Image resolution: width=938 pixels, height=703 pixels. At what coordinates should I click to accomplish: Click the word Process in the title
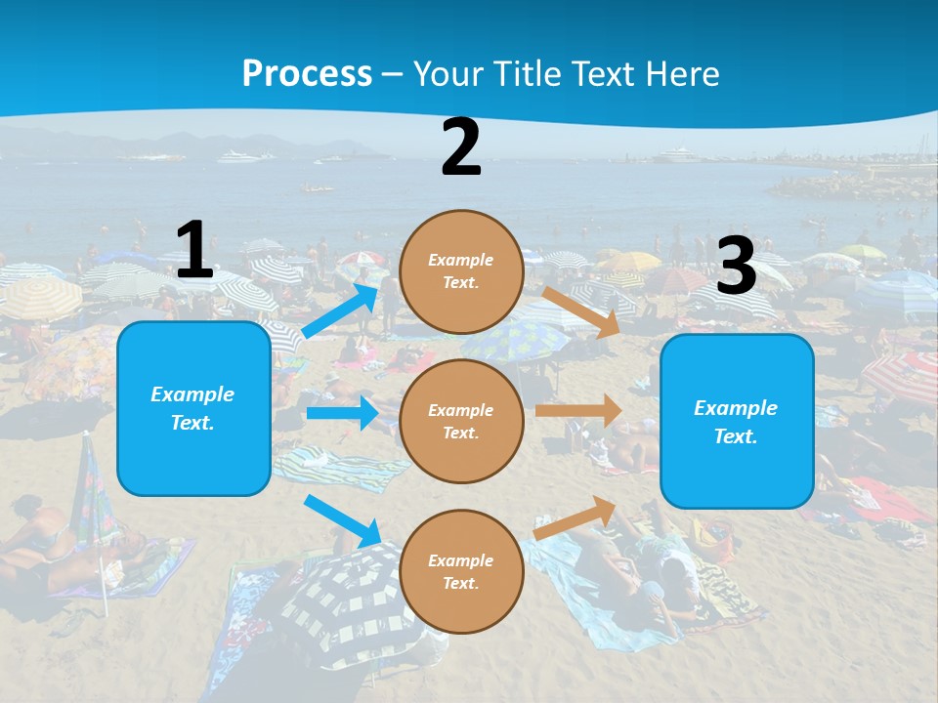click(x=307, y=73)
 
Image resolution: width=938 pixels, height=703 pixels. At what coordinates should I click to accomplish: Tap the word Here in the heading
click(x=678, y=73)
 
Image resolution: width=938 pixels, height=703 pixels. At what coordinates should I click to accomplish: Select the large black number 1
click(x=194, y=250)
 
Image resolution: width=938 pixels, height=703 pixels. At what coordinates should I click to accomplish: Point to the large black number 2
click(x=461, y=147)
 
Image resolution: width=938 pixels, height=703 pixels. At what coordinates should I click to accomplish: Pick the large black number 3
click(x=737, y=266)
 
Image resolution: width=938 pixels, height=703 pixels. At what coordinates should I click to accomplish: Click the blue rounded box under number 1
click(x=193, y=408)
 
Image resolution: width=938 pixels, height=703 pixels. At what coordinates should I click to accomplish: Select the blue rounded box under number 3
click(x=737, y=421)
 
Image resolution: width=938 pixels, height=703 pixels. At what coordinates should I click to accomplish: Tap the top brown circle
click(x=461, y=271)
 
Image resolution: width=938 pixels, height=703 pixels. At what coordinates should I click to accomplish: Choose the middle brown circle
click(x=461, y=421)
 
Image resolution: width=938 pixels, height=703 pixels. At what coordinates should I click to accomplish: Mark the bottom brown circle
click(x=461, y=571)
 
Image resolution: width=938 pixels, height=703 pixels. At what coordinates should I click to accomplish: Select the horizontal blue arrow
click(x=342, y=413)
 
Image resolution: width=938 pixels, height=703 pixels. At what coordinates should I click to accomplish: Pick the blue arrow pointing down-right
click(x=343, y=521)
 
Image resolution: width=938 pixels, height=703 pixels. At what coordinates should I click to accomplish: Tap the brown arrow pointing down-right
click(x=581, y=311)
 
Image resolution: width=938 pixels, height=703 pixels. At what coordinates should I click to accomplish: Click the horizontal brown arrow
click(x=578, y=411)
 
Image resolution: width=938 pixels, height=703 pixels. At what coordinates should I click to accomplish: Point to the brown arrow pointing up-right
click(x=576, y=517)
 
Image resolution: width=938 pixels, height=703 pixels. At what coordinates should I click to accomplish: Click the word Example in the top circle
click(x=461, y=260)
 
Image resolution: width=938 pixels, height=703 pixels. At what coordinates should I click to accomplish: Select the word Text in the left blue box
click(x=192, y=423)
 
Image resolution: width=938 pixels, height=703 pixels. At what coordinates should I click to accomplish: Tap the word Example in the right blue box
click(x=736, y=408)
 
